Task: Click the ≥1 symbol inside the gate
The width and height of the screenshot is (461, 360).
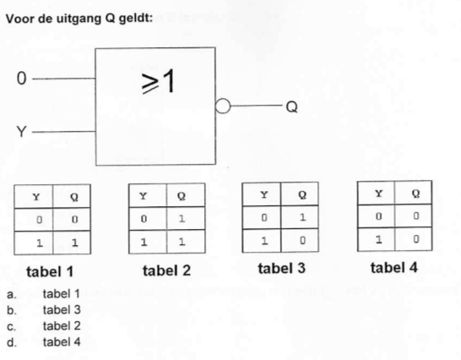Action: pos(158,81)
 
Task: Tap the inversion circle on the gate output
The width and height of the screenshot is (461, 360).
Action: pos(223,106)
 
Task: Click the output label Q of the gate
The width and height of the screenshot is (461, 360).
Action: pos(291,106)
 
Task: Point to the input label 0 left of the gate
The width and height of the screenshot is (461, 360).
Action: pos(21,79)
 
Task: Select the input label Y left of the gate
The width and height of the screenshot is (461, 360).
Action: pos(21,131)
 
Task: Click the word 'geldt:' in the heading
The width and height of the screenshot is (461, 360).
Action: pos(136,19)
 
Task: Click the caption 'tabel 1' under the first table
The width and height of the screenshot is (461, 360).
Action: pos(50,271)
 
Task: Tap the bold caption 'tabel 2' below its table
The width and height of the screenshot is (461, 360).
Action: pos(166,270)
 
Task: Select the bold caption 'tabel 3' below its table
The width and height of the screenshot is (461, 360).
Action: pos(282,268)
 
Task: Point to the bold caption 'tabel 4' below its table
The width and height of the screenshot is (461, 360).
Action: pos(394,268)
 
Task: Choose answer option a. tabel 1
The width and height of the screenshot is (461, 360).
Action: pos(44,294)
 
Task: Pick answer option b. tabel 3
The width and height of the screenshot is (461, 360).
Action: pos(44,309)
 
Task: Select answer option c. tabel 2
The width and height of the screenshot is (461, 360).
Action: pos(44,326)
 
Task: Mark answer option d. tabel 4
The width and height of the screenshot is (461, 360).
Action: pos(44,342)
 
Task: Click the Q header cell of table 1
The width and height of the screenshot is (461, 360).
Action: pos(72,196)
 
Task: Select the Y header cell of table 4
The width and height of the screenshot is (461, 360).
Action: pos(376,194)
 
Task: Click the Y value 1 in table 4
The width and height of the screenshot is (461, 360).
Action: pos(378,239)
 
